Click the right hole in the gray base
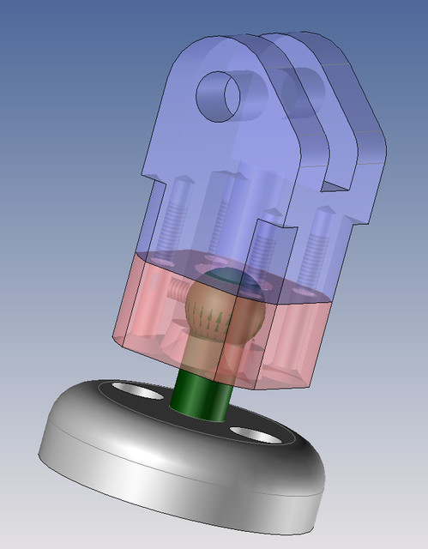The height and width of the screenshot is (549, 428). pos(255,435)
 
